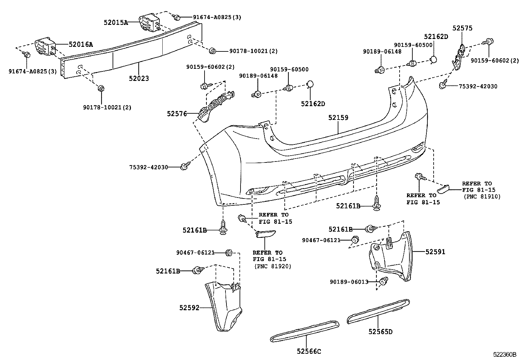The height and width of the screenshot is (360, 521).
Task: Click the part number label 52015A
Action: tap(116, 23)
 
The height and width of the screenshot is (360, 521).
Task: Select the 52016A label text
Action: tap(81, 44)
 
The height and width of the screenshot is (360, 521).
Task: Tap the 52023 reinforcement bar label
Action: tap(139, 79)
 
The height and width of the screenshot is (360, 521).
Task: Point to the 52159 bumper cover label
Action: tap(338, 118)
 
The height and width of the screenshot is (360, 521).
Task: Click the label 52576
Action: tap(177, 114)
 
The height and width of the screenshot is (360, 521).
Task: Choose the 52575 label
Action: tap(462, 28)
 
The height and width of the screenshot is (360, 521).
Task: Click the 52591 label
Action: tap(435, 252)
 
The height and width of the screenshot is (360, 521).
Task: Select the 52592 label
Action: tap(189, 308)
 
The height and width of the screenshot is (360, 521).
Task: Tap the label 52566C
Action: tap(309, 351)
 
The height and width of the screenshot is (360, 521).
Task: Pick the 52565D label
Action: tap(381, 332)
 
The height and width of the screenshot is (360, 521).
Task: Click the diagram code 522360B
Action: tap(505, 354)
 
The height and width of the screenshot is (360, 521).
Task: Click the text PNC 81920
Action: tap(273, 266)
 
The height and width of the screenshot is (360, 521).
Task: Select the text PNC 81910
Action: tap(482, 197)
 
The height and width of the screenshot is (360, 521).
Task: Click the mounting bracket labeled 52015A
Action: tap(149, 23)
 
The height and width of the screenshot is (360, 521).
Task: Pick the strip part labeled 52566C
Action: tap(305, 332)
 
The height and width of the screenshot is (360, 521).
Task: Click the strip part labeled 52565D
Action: tap(378, 312)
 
